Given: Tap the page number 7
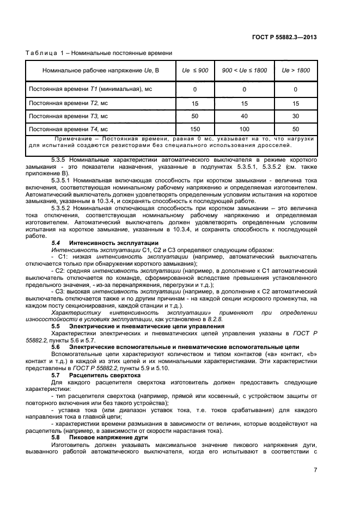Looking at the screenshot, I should (x=315, y=470).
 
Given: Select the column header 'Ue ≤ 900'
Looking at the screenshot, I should (x=194, y=71).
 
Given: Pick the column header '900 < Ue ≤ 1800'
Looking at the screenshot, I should (x=244, y=71).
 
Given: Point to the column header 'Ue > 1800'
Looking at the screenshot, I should (x=296, y=71).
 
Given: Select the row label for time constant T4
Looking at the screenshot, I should (x=68, y=129).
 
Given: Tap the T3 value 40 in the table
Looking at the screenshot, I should (x=244, y=116).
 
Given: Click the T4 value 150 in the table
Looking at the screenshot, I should (x=195, y=129).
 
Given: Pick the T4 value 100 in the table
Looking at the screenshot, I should (x=244, y=129).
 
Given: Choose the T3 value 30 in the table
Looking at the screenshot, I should (x=296, y=116).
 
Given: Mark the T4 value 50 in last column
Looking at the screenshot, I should (x=296, y=129).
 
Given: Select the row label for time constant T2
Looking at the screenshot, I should (x=68, y=102).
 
